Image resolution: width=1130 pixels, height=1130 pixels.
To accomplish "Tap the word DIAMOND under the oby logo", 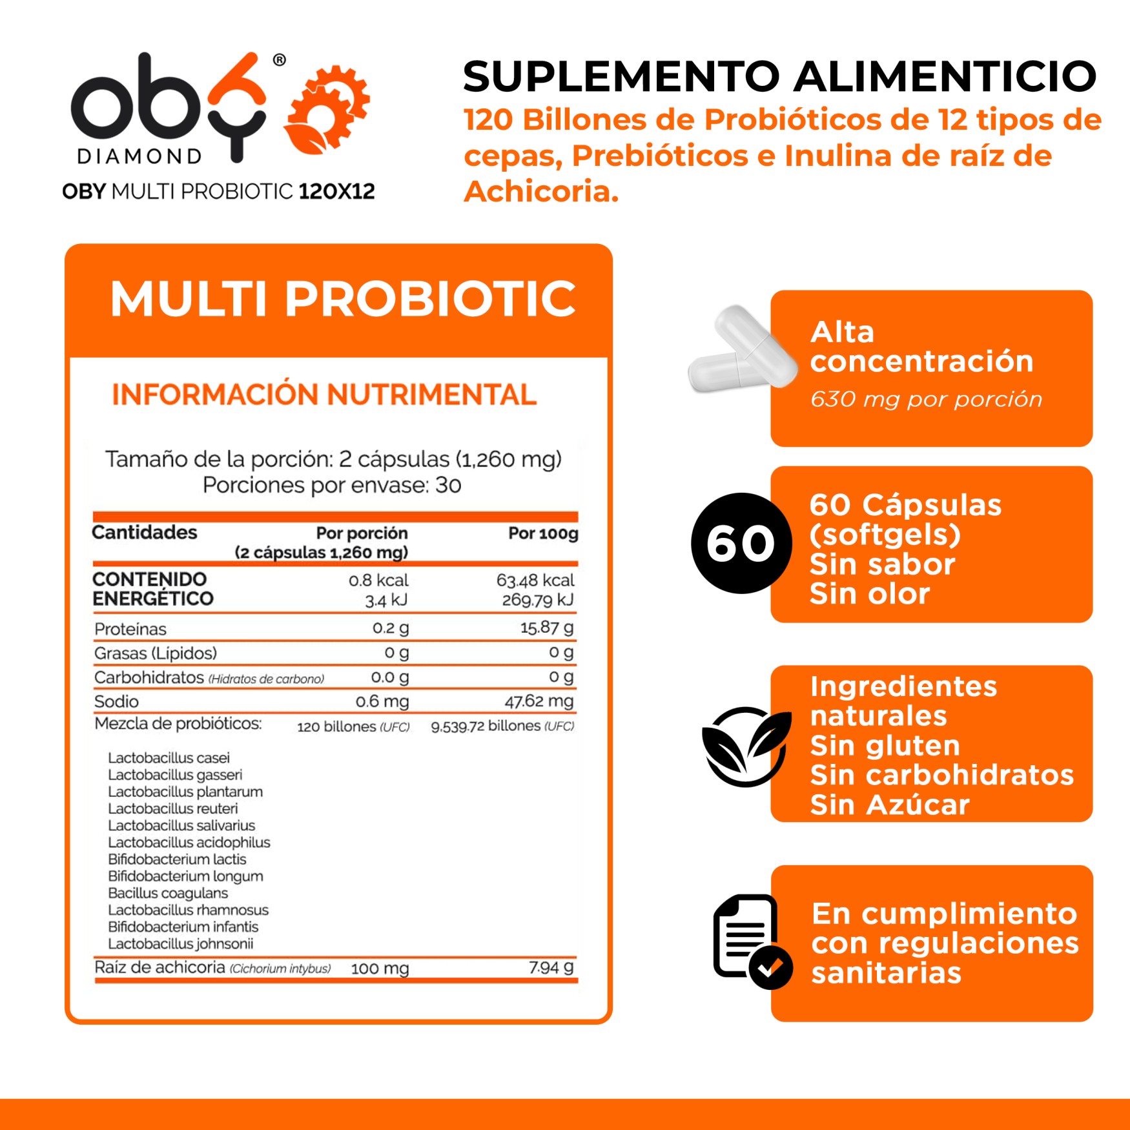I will pyautogui.click(x=139, y=157).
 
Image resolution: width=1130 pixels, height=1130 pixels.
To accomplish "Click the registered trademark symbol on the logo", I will pyautogui.click(x=279, y=60).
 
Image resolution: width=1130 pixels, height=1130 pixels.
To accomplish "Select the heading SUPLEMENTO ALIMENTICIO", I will pyautogui.click(x=779, y=76).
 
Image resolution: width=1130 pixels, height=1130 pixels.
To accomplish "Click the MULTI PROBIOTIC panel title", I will pyautogui.click(x=342, y=299).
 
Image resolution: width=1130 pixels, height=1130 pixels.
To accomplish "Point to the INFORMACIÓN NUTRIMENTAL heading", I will pyautogui.click(x=324, y=395).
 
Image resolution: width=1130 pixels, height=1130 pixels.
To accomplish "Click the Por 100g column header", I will pyautogui.click(x=542, y=533).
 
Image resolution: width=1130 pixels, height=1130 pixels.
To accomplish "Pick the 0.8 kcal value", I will pyautogui.click(x=378, y=580).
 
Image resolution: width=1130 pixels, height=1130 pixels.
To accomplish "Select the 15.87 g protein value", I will pyautogui.click(x=546, y=628).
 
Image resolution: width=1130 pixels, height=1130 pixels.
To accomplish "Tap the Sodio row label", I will pyautogui.click(x=116, y=701).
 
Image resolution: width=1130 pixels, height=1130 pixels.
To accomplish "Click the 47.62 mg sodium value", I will pyautogui.click(x=539, y=701).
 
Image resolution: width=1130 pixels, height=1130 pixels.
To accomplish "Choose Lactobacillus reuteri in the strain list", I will pyautogui.click(x=172, y=808).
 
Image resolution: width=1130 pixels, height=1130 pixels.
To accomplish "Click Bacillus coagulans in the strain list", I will pyautogui.click(x=168, y=893).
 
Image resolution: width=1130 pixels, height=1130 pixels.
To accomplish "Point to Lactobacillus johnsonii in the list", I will pyautogui.click(x=180, y=943).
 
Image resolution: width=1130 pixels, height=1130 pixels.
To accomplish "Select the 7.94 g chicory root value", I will pyautogui.click(x=551, y=967).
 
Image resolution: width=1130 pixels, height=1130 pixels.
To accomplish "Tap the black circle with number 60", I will pyautogui.click(x=741, y=543).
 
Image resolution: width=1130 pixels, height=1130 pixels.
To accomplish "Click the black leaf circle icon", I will pyautogui.click(x=746, y=746).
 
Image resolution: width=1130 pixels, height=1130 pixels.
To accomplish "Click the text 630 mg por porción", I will pyautogui.click(x=926, y=400).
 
